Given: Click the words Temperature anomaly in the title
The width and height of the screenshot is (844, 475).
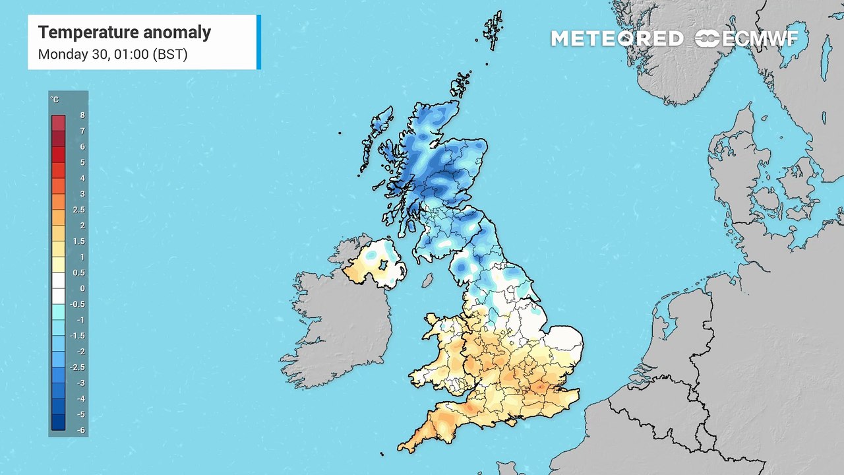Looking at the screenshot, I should (x=124, y=32).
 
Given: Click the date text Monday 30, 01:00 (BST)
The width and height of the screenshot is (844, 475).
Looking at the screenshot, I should (x=113, y=54).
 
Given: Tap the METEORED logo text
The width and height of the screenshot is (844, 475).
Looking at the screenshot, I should (x=617, y=39).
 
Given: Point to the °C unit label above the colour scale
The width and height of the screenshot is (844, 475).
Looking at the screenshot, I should (x=55, y=100).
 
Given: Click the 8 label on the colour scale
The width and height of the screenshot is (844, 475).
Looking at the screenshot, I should (x=82, y=115).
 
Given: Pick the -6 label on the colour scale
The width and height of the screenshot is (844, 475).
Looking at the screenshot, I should (x=81, y=430).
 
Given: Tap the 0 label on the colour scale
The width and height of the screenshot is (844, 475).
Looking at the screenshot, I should (x=82, y=288).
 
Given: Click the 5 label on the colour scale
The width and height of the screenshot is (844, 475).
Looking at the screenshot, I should (x=82, y=162).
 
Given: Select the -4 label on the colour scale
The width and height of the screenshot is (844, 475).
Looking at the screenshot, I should (x=81, y=398).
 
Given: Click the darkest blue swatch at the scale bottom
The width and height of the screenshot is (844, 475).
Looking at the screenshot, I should (x=59, y=422).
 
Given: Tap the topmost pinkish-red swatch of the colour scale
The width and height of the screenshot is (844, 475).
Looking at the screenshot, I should (x=59, y=123).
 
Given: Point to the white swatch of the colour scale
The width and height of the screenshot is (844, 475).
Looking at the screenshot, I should (x=59, y=280).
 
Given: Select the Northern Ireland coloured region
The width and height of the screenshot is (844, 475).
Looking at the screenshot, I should (x=373, y=264).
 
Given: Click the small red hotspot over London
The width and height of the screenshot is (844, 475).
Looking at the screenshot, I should (x=539, y=388).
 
